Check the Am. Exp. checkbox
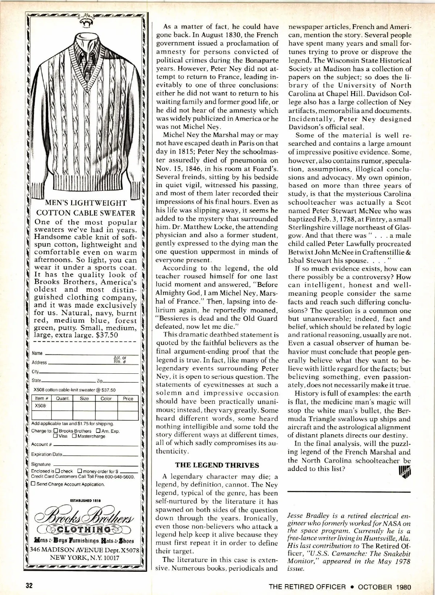98,431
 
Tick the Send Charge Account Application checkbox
33,484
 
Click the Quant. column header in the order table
62,398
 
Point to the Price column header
128,398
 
